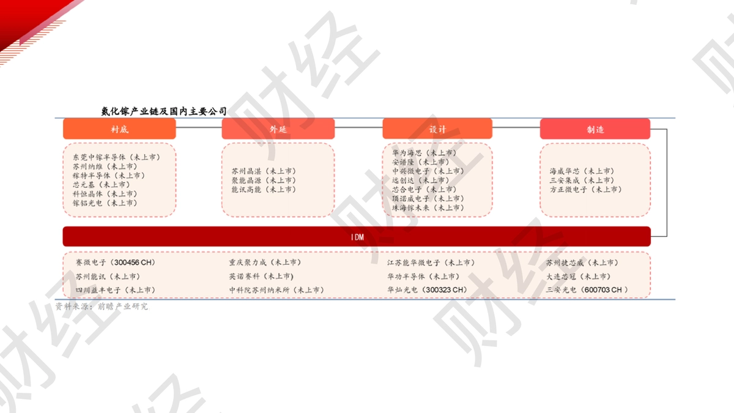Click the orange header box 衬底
pyautogui.click(x=119, y=129)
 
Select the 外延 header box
pyautogui.click(x=278, y=129)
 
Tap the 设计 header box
pyautogui.click(x=437, y=129)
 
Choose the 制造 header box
pyautogui.click(x=595, y=129)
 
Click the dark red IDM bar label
pyautogui.click(x=357, y=237)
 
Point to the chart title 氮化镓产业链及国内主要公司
pyautogui.click(x=164, y=111)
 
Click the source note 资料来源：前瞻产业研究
pyautogui.click(x=102, y=307)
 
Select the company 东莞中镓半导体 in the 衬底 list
pyautogui.click(x=99, y=157)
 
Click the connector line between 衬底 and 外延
pyautogui.click(x=199, y=127)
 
